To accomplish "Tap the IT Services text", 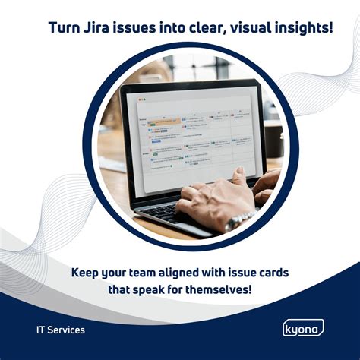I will point(61,330).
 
